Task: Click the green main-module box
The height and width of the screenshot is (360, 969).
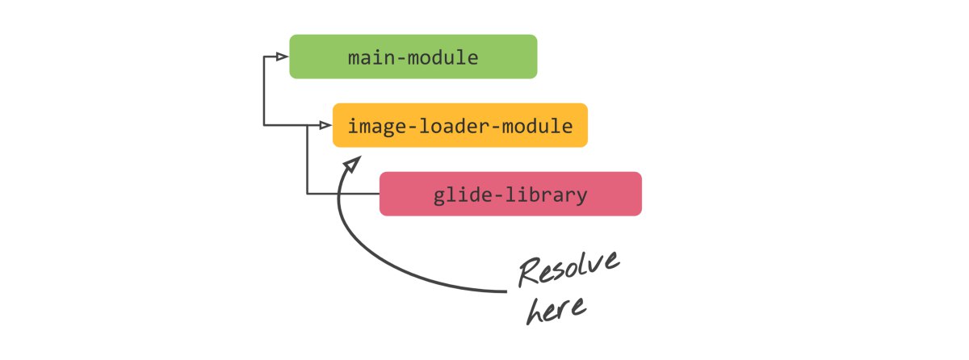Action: click(x=413, y=57)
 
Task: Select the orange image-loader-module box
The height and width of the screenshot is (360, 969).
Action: click(x=459, y=125)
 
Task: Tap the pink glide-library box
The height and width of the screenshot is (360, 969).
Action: click(x=510, y=194)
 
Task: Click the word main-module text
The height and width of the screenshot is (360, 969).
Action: click(x=413, y=57)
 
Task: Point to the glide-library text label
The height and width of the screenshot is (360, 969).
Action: click(x=510, y=195)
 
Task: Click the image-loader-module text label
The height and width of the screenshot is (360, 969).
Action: click(x=460, y=127)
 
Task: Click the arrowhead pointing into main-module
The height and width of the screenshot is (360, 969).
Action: click(x=282, y=57)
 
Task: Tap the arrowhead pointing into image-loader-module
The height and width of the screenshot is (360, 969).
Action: click(x=325, y=125)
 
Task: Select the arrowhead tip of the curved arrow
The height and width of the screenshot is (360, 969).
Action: click(x=360, y=157)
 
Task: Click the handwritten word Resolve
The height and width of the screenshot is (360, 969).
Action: click(x=569, y=269)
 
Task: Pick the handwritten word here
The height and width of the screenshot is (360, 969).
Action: click(x=556, y=309)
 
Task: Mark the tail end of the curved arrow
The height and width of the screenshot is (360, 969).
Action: click(x=506, y=291)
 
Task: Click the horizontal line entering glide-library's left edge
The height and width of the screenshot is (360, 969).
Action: click(x=343, y=194)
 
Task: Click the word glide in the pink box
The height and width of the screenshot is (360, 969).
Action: click(x=462, y=195)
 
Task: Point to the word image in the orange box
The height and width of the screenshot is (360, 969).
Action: click(x=377, y=127)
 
